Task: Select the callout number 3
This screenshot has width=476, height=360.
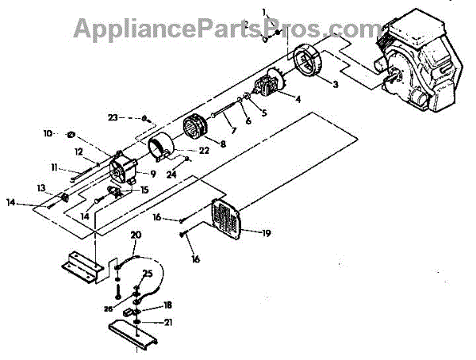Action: pos(336,84)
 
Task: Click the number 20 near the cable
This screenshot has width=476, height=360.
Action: pos(136,236)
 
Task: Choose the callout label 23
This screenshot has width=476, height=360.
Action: pos(113,117)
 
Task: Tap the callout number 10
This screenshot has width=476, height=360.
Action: pos(48,133)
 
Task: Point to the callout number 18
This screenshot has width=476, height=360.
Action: pos(167,304)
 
